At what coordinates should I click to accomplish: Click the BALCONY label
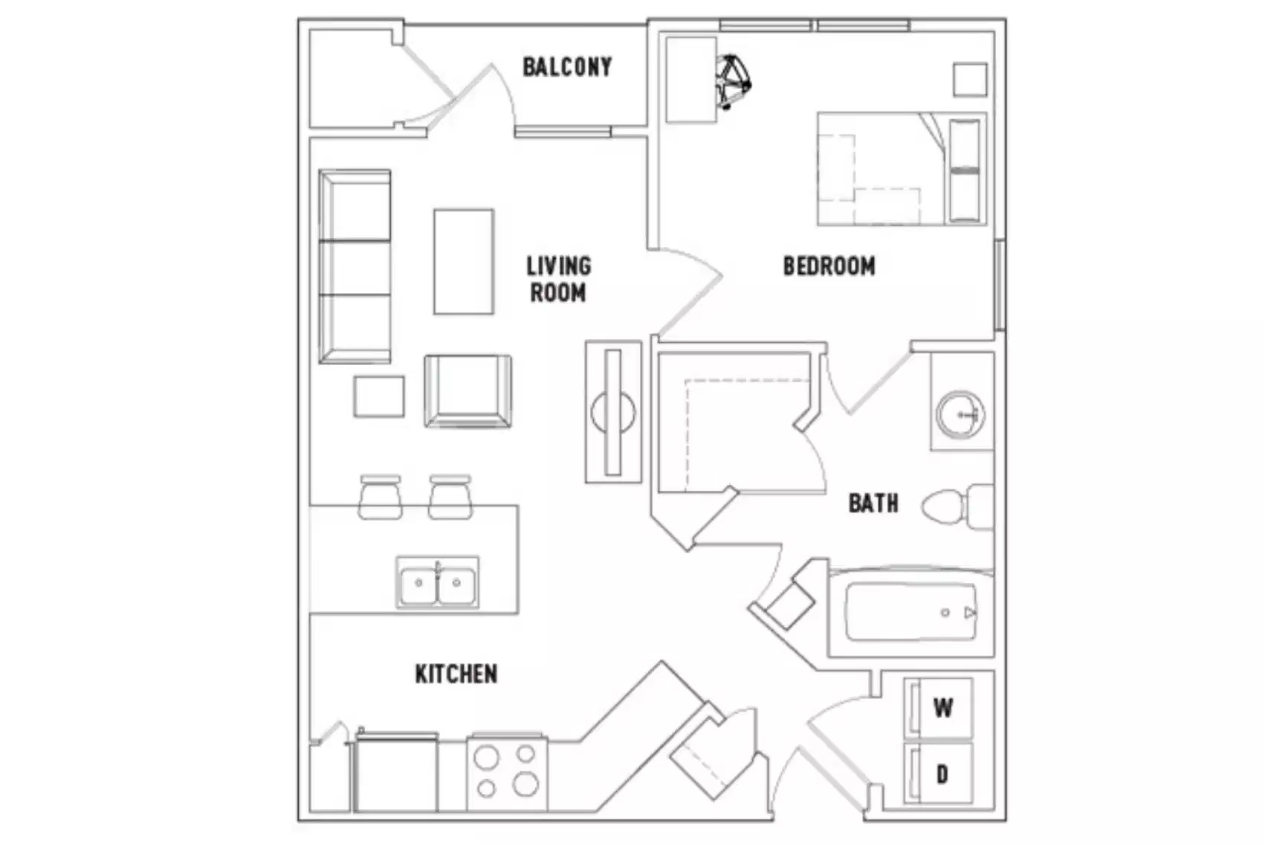[567, 67]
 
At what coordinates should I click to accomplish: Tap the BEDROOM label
[829, 266]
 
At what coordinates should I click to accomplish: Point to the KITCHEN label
[456, 674]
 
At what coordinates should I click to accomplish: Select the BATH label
[873, 503]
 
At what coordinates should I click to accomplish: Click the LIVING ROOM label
[559, 279]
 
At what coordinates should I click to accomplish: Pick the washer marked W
[941, 707]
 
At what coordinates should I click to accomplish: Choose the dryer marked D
[941, 774]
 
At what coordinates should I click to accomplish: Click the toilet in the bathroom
[956, 506]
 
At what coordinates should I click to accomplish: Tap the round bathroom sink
[960, 414]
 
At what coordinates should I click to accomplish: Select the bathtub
[911, 613]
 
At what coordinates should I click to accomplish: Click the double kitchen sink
[437, 582]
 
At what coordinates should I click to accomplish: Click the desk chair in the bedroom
[732, 81]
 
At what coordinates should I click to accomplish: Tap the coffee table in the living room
[464, 262]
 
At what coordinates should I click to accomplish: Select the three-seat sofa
[355, 266]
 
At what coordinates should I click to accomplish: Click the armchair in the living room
[467, 391]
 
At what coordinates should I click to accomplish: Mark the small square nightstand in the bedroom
[970, 80]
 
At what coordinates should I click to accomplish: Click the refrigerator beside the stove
[395, 773]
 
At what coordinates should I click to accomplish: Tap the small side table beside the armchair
[379, 396]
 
